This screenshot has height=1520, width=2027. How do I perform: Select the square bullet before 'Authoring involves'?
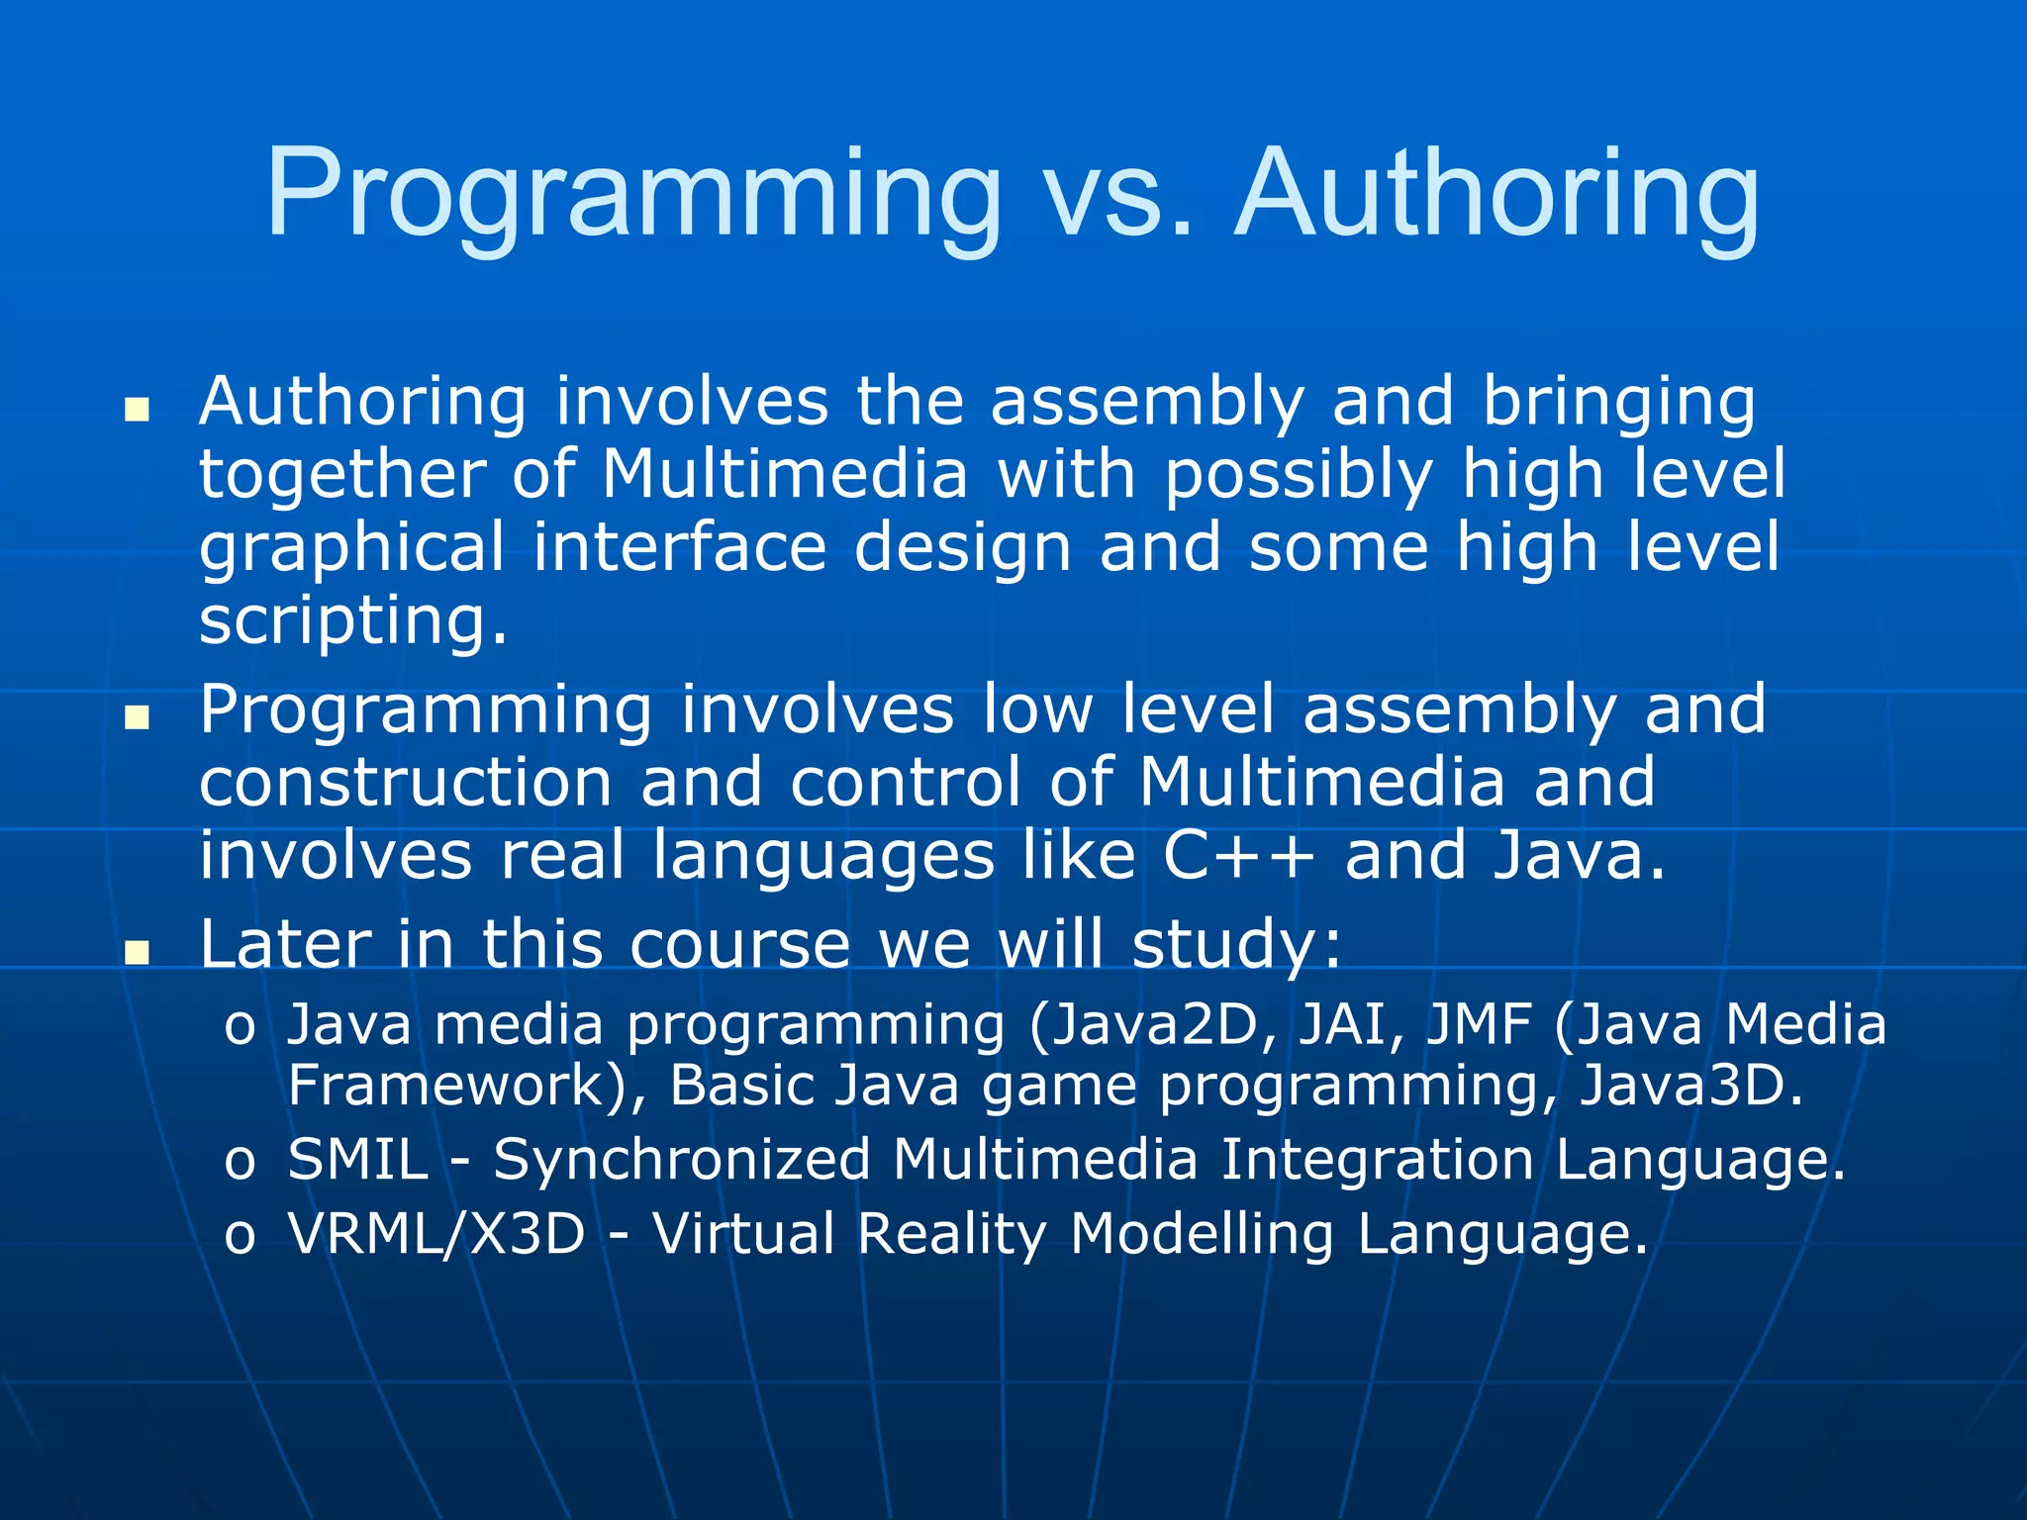137,409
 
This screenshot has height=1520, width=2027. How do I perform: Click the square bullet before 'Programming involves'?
137,716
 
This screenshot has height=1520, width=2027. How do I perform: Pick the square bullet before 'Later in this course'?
137,951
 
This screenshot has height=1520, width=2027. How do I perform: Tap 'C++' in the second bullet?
1238,856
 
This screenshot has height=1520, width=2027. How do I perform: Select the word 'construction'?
406,782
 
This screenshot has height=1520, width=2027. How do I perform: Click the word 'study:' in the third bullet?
1237,945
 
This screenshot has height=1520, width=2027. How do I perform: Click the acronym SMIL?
358,1159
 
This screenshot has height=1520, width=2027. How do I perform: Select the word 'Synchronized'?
682,1161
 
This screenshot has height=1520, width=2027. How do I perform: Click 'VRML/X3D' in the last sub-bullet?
436,1234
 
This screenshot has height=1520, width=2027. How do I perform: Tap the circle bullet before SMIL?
240,1163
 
